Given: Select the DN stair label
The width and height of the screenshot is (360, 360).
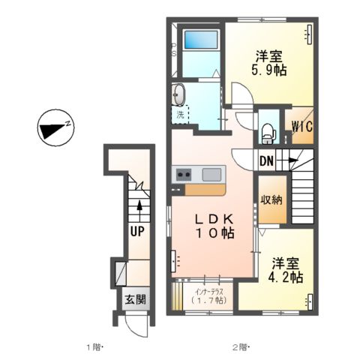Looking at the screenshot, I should point(267,160).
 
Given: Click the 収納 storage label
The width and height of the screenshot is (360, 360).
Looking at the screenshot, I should point(271,199).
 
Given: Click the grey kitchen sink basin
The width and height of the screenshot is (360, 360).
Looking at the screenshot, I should point(211,175).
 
